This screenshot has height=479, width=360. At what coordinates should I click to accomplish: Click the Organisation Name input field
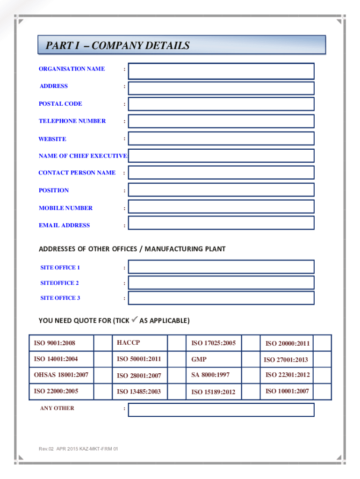click(x=221, y=71)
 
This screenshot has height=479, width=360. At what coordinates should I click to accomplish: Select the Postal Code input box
click(x=221, y=104)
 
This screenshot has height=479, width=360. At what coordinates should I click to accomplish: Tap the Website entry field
click(x=221, y=138)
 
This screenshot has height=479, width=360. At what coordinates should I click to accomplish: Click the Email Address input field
click(x=221, y=223)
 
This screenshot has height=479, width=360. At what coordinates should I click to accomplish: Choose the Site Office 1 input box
click(x=221, y=267)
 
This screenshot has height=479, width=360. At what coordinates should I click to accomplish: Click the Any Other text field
click(x=221, y=410)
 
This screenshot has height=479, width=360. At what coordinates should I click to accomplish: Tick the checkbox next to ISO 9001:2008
click(x=103, y=343)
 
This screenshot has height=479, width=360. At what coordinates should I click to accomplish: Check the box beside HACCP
click(x=176, y=343)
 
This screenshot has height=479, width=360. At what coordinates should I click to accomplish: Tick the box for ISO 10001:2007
click(x=322, y=391)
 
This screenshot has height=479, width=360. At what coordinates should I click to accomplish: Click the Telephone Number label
click(x=72, y=121)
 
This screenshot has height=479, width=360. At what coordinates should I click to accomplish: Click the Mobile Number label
click(x=65, y=208)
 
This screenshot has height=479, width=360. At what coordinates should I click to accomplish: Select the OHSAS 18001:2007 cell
click(x=61, y=375)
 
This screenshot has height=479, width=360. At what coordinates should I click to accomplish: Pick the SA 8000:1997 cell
click(x=210, y=375)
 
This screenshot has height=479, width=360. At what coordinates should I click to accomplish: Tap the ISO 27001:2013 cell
click(x=286, y=360)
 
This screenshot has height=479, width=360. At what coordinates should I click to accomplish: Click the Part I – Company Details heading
click(x=118, y=46)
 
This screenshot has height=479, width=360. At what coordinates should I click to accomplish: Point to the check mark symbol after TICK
click(x=134, y=320)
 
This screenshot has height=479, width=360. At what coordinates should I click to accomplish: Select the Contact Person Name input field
click(x=221, y=173)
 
